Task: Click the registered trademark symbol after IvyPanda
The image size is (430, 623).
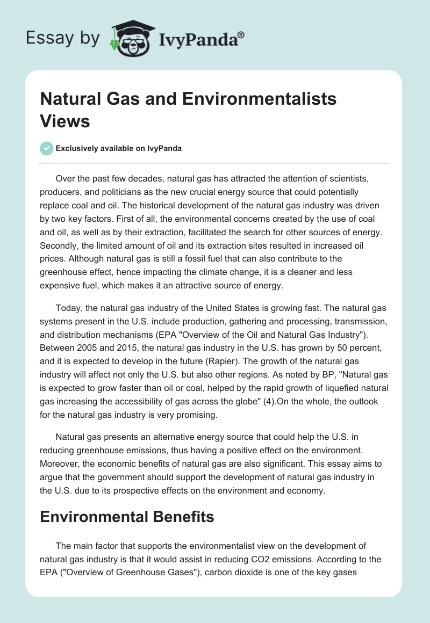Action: pyautogui.click(x=242, y=34)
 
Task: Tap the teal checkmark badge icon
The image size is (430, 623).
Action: pyautogui.click(x=47, y=149)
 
